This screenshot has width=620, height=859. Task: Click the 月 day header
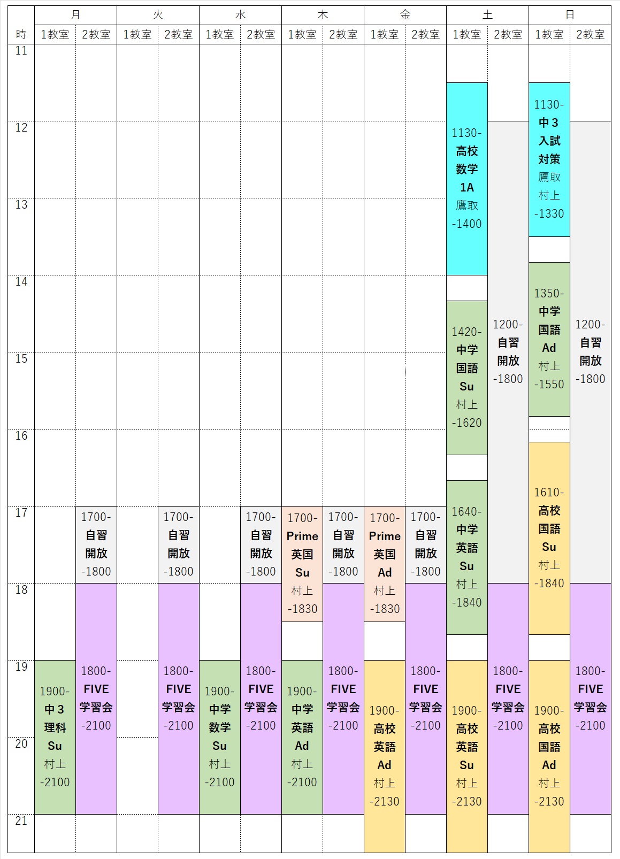(x=75, y=15)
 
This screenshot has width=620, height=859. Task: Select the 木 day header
(x=323, y=15)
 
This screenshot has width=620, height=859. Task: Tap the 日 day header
(x=570, y=15)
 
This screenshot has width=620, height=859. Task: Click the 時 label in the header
(x=21, y=35)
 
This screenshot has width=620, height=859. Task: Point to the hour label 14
(x=21, y=282)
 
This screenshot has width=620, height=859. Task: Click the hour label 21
(x=21, y=821)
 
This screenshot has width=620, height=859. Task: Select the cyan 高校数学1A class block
(x=467, y=179)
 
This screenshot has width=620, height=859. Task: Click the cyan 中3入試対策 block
(x=549, y=159)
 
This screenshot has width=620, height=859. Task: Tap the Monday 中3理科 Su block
(x=55, y=737)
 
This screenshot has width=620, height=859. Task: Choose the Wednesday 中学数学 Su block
(x=220, y=737)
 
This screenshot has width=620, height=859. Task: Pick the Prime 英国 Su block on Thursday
(x=302, y=564)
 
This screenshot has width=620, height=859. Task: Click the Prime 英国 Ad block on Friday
(x=385, y=564)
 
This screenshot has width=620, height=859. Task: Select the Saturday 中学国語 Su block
(x=467, y=378)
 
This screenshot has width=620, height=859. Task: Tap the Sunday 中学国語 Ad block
(x=549, y=339)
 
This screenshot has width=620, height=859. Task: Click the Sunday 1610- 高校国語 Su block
(x=549, y=538)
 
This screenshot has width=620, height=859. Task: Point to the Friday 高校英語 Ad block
(x=385, y=756)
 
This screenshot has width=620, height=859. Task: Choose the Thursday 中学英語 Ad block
(x=302, y=737)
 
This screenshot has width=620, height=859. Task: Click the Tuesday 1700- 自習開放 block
(x=179, y=544)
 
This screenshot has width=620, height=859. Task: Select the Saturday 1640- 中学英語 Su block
(x=467, y=557)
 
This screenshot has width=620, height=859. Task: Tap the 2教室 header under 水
(x=261, y=35)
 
